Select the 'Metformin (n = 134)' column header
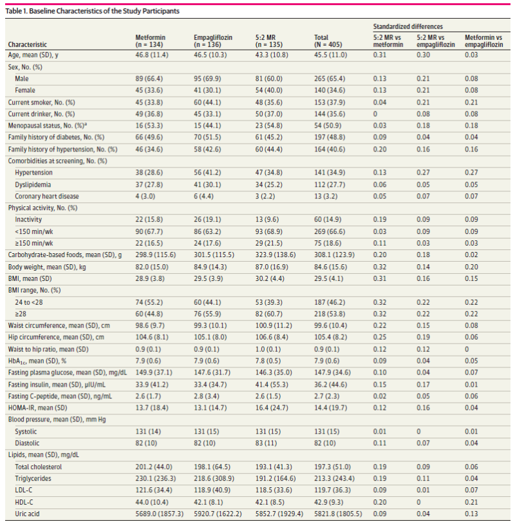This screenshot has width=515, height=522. [x=150, y=41]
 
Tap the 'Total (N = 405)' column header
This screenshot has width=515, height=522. [x=328, y=41]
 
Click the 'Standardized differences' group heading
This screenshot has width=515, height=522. [x=408, y=26]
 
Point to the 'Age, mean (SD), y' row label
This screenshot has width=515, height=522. [x=33, y=55]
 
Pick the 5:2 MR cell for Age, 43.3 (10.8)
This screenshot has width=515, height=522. [x=272, y=55]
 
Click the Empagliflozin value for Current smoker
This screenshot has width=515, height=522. [x=207, y=102]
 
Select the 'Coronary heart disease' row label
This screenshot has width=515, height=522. [x=47, y=196]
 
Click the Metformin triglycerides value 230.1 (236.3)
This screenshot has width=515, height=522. [x=156, y=478]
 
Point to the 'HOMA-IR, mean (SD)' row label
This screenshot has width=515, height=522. [x=37, y=408]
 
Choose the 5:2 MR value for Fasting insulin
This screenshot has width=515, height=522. [x=272, y=385]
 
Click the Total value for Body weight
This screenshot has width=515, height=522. [x=330, y=267]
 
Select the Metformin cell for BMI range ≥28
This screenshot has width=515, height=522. [x=149, y=314]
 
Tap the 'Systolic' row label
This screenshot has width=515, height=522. [x=26, y=431]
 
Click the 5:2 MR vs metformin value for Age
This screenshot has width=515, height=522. [x=380, y=55]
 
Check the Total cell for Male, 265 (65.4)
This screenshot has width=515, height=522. [x=330, y=79]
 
